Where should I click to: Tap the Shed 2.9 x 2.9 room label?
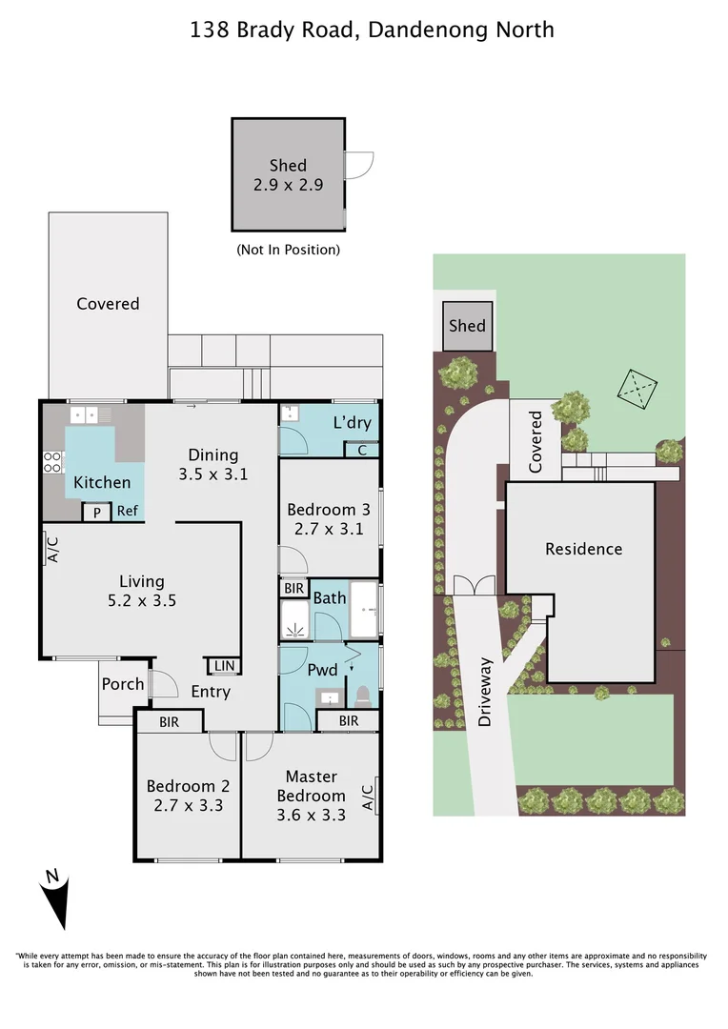coord(288,175)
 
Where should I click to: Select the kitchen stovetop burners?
coord(51,462)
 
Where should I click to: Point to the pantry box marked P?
coord(96,512)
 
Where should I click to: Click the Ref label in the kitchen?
coord(128,511)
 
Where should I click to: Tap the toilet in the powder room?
coord(363,696)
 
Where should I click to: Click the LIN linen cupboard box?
coord(224,665)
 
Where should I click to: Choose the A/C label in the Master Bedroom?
coord(368,797)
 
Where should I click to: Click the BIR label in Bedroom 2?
coord(170,722)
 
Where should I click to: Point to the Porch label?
coord(123,684)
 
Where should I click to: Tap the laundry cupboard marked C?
coord(362,450)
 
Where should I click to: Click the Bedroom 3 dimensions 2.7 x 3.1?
coord(329,529)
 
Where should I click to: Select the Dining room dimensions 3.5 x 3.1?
coord(213,474)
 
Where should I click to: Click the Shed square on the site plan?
coord(468,326)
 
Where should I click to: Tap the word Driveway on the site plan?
coord(485,692)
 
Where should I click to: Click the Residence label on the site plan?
coord(583,549)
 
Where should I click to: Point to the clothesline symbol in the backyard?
coord(637,388)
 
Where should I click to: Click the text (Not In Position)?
coord(288,250)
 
